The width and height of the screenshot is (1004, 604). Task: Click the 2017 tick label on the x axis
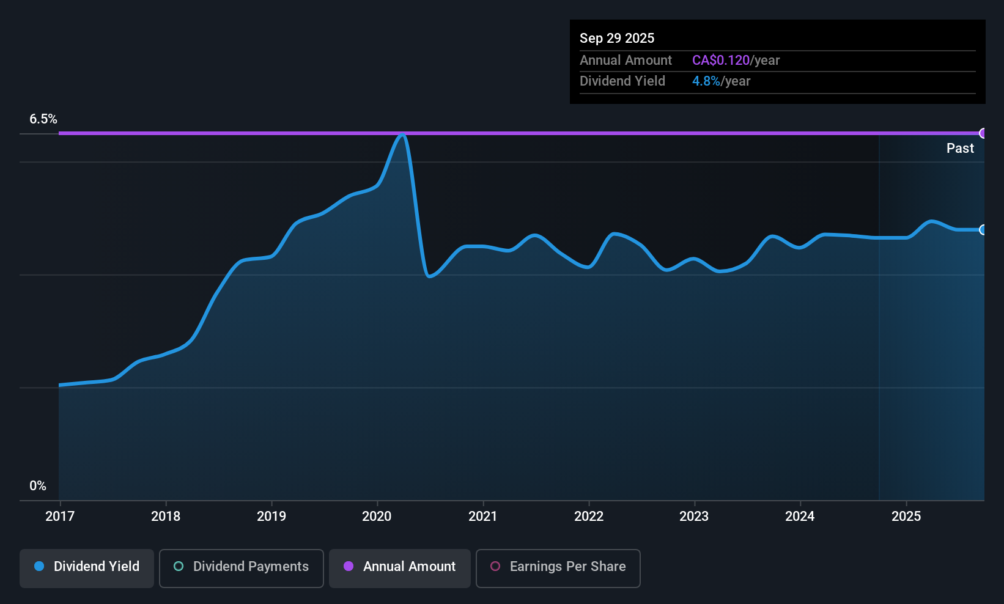60,516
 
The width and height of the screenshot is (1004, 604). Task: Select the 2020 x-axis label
377,516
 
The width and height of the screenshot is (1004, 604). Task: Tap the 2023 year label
694,516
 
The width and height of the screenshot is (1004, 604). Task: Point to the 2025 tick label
906,516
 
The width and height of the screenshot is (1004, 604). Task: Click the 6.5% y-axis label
43,119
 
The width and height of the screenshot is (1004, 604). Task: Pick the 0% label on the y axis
38,485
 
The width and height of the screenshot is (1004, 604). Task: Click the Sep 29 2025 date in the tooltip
617,38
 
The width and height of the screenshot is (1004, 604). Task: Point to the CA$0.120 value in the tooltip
720,60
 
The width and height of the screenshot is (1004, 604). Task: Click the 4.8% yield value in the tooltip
706,81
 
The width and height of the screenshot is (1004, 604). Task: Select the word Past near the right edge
960,148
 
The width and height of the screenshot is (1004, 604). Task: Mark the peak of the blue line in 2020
402,134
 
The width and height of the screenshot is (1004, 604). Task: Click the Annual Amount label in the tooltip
626,60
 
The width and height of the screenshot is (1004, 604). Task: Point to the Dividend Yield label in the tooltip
622,81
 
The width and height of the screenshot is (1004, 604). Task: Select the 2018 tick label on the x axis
166,516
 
